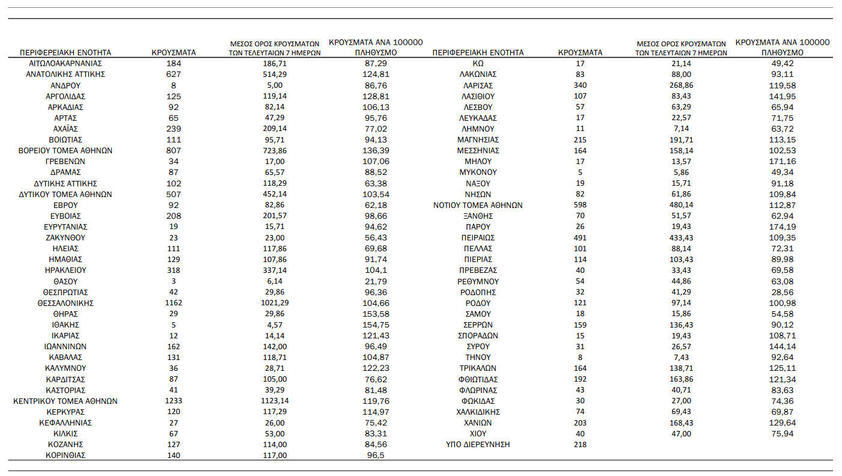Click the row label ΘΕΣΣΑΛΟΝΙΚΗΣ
(66, 303)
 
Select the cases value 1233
(173, 401)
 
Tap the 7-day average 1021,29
(275, 303)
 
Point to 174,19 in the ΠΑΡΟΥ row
(782, 227)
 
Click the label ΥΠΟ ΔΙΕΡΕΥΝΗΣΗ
(478, 444)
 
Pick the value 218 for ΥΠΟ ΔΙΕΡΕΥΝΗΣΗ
(580, 444)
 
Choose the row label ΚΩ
(478, 63)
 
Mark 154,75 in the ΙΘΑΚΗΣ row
(376, 325)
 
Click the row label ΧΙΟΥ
(478, 433)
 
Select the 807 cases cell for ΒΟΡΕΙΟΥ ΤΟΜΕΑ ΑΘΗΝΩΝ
(173, 150)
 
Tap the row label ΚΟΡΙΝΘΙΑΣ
(66, 455)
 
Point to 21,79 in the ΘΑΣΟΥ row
(376, 281)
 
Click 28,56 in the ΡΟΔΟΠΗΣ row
(782, 292)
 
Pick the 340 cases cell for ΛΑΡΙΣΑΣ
(580, 85)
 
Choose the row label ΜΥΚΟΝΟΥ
(478, 172)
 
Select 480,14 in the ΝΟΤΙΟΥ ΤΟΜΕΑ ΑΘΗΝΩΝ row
(681, 205)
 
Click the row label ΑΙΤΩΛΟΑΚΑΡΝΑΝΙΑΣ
(66, 63)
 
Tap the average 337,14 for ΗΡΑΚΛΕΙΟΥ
(275, 270)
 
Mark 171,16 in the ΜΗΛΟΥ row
(782, 161)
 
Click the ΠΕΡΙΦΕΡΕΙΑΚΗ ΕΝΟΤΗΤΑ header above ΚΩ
(478, 52)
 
